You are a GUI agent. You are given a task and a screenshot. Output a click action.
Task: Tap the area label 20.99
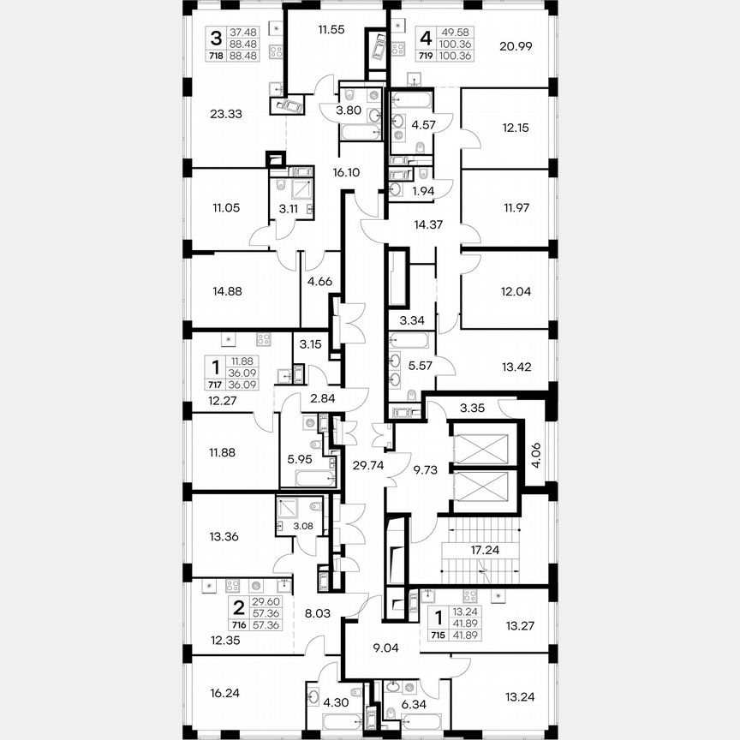click(x=516, y=46)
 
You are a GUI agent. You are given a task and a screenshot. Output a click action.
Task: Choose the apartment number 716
click(x=226, y=625)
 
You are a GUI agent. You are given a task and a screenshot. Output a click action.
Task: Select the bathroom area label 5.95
click(x=300, y=457)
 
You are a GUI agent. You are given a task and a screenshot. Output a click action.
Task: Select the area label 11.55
click(x=331, y=29)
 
